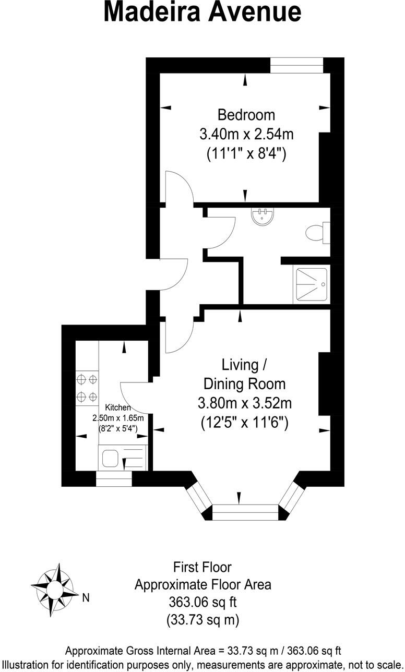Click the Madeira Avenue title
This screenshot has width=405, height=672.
tap(202, 13)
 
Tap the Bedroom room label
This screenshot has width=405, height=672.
tap(246, 114)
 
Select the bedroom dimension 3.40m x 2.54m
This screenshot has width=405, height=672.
tap(246, 134)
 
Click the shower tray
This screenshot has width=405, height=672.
tap(312, 284)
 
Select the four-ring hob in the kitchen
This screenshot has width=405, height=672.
tap(87, 388)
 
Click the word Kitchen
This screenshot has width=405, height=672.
tap(118, 407)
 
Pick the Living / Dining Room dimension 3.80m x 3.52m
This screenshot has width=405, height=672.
tap(244, 403)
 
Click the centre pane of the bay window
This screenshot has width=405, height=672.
tap(245, 512)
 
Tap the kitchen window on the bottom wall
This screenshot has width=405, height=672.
tap(114, 478)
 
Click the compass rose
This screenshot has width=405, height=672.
tap(55, 590)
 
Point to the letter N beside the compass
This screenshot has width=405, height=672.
tap(86, 598)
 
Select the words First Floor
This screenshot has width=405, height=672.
tap(202, 567)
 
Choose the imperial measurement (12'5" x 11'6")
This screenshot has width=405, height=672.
tap(244, 423)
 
